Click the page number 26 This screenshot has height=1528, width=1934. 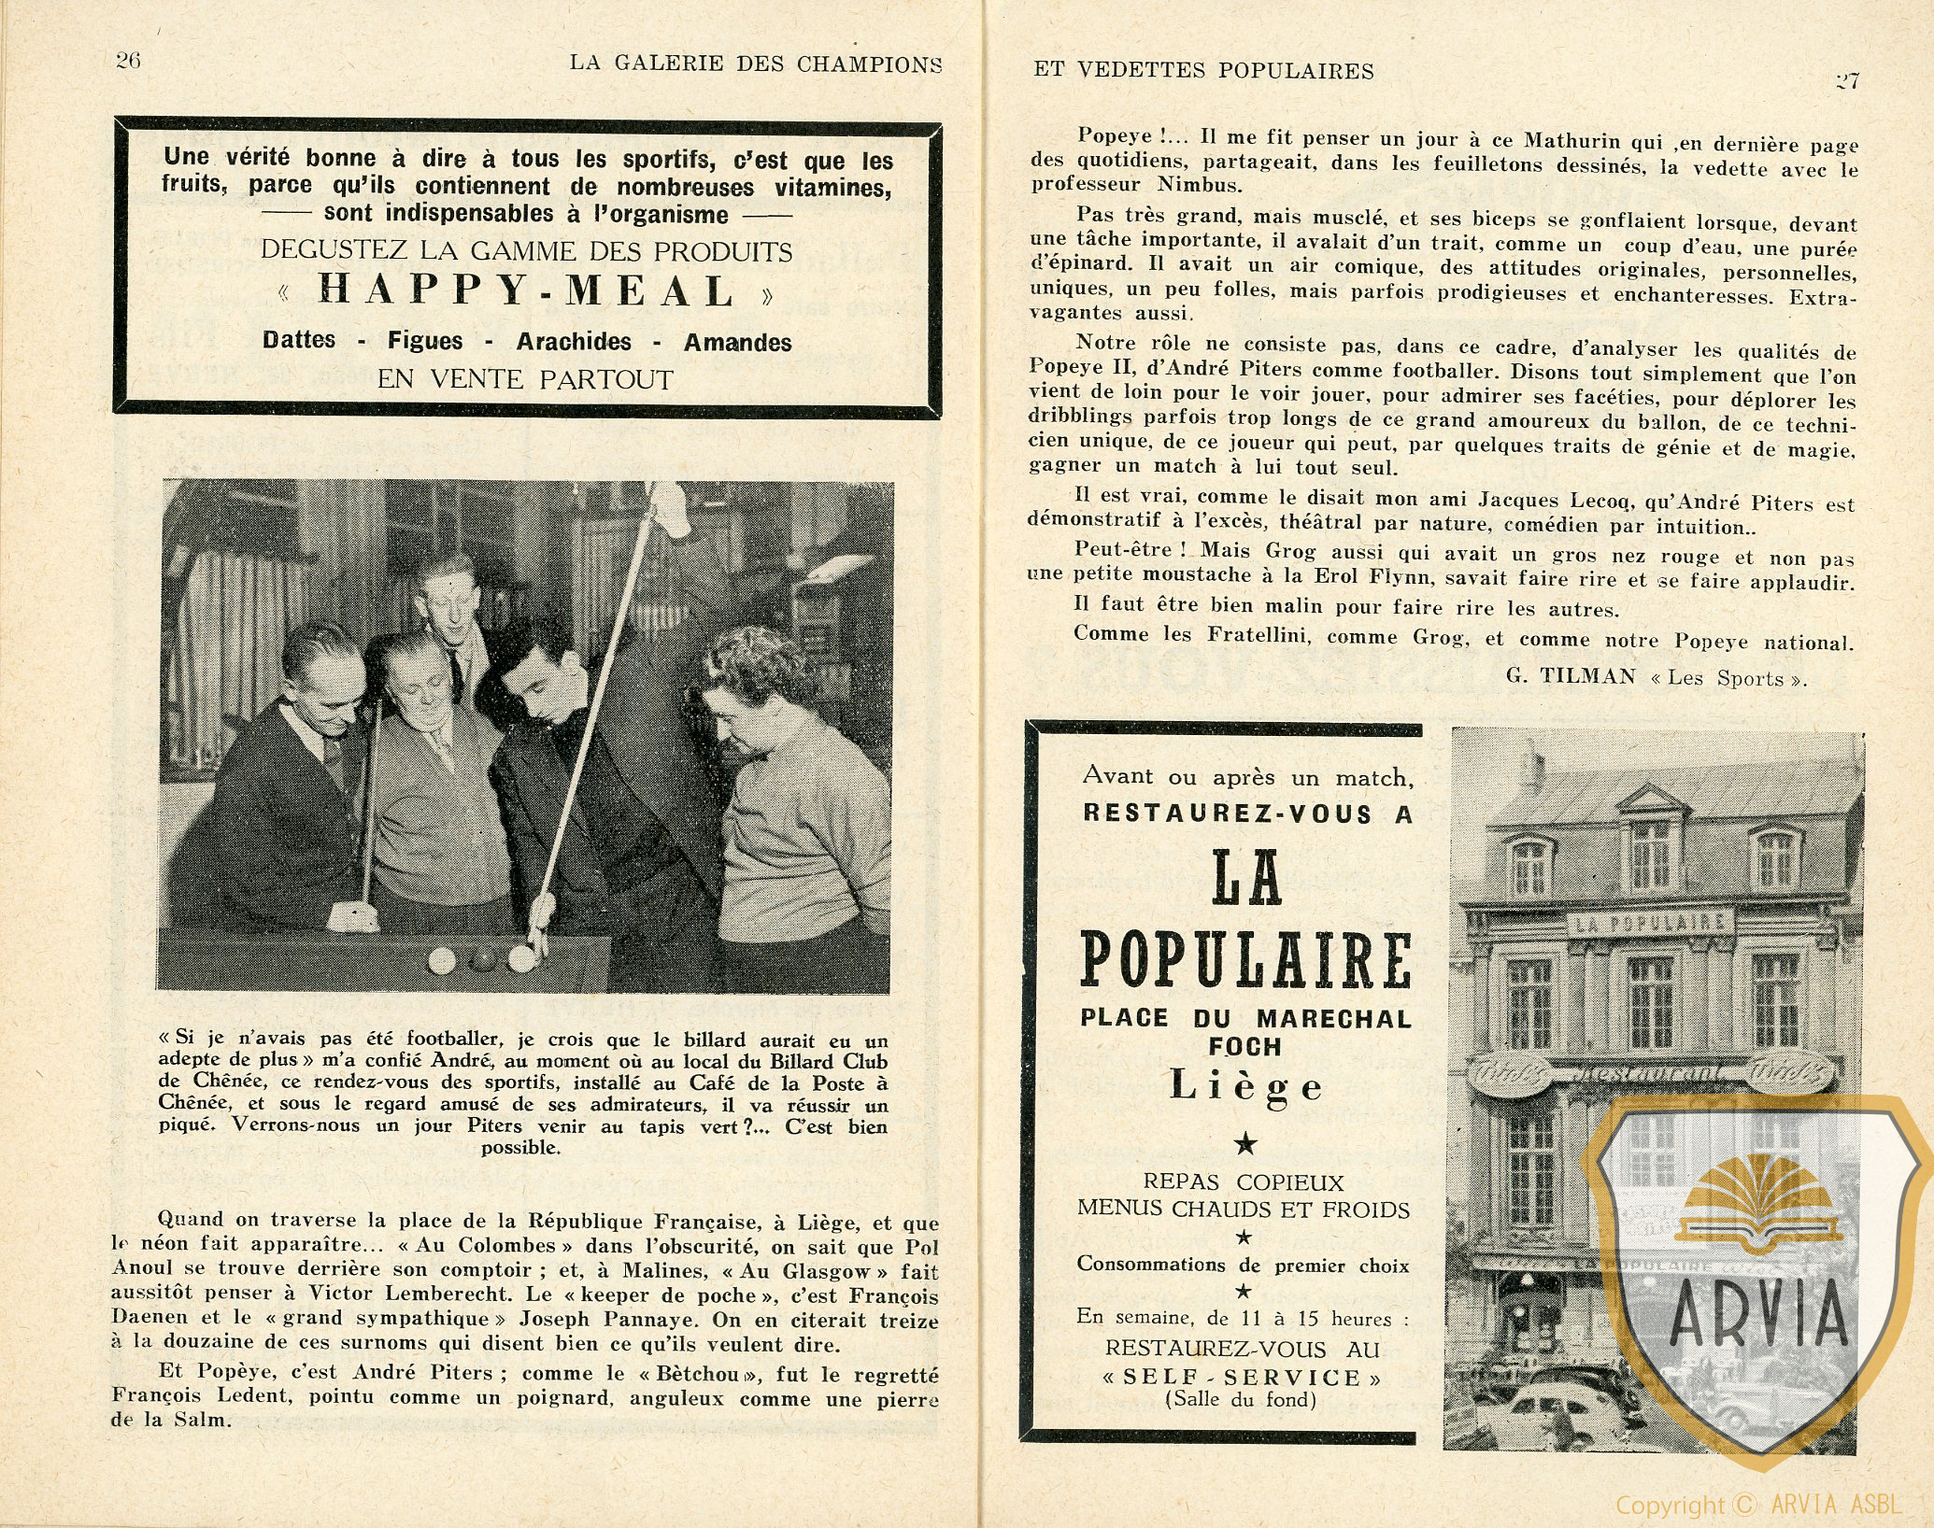[127, 61]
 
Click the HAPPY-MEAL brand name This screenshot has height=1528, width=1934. [527, 291]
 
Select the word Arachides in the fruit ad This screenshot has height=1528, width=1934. [574, 342]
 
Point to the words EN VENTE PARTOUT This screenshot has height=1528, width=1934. [525, 380]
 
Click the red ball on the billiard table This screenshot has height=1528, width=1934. [482, 959]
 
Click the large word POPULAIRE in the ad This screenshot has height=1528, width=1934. [1245, 960]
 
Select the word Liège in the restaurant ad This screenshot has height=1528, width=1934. [1246, 1086]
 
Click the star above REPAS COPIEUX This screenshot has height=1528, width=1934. [1245, 1144]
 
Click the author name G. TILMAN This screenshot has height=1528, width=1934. [1570, 676]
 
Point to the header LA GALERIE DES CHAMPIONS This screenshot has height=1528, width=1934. [755, 64]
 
